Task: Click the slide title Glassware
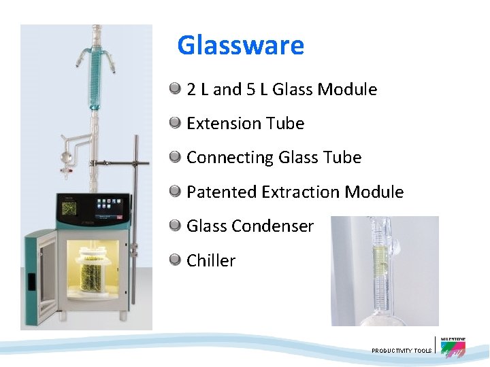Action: click(240, 46)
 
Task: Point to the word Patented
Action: click(220, 192)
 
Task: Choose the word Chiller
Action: click(211, 260)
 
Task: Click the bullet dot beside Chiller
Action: click(176, 260)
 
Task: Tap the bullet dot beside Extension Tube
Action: click(176, 123)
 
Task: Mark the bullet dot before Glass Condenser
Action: click(176, 226)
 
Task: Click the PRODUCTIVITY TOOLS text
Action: click(402, 351)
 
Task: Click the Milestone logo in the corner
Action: click(453, 347)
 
